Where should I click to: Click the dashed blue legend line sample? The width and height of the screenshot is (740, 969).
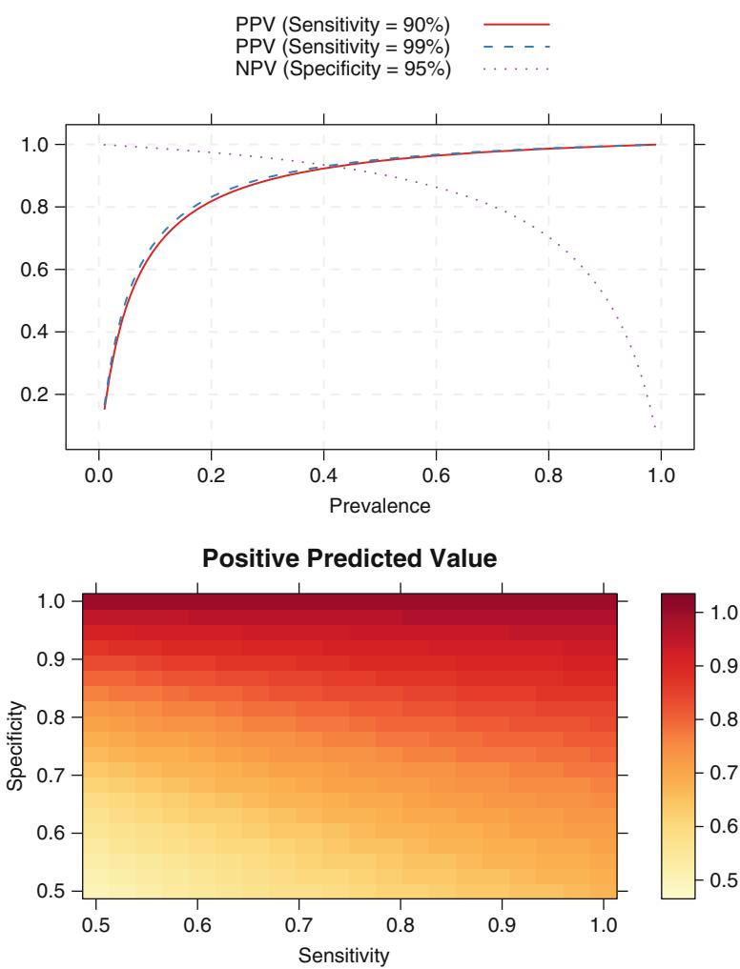click(x=518, y=45)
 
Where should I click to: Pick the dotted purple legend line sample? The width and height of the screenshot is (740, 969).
click(x=518, y=67)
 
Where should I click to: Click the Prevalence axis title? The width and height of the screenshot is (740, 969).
click(x=380, y=507)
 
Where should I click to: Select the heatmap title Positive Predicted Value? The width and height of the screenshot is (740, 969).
click(x=351, y=560)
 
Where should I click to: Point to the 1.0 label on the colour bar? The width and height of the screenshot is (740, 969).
click(x=709, y=613)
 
